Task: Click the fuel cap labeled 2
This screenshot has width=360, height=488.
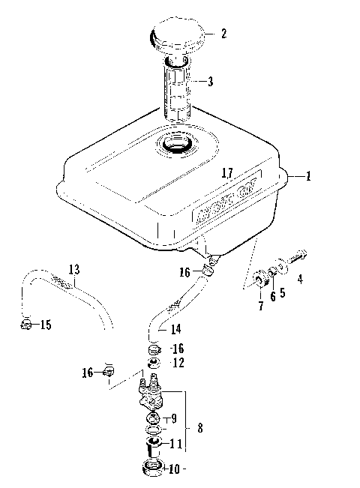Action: pos(176,38)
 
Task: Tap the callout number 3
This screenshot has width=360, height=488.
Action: pos(210,81)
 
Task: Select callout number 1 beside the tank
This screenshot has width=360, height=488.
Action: pos(308,177)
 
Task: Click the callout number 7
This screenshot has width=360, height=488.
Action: pos(261,307)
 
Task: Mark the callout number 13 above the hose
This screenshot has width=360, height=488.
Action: pos(73,268)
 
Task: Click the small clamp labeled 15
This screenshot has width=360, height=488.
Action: pos(25,324)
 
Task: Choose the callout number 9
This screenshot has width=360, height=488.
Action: pos(174,418)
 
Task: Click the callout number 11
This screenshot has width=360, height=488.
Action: pos(174,444)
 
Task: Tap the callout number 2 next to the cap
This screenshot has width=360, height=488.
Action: pos(223,34)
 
